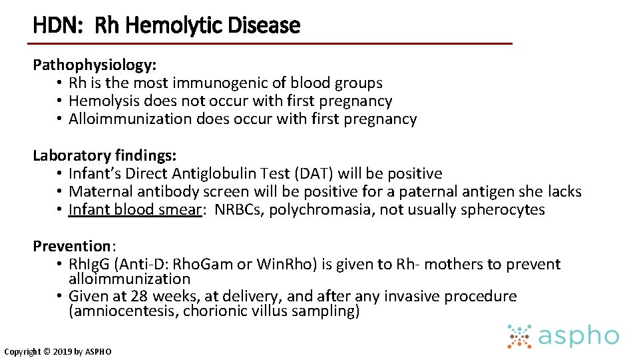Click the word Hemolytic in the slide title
(164, 26)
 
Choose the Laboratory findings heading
(105, 156)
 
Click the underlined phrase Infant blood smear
(135, 210)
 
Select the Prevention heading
(71, 247)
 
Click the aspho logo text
(578, 337)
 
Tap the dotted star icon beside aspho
(519, 337)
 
